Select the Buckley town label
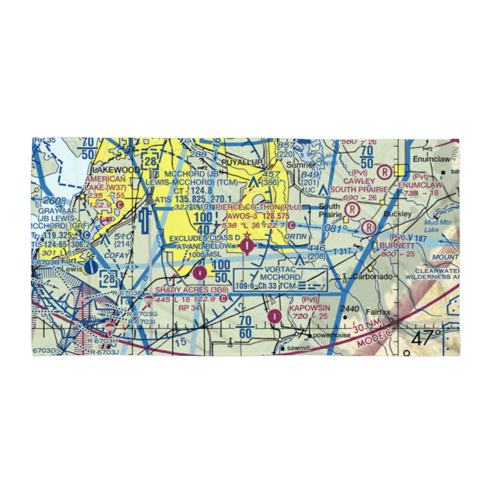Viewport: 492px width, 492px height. [x=397, y=214]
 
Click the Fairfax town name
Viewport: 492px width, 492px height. [x=378, y=312]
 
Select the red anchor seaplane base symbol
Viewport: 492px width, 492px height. [x=105, y=218]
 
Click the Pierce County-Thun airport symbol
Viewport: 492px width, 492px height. [x=247, y=243]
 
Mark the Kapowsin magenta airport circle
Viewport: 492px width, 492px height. [x=274, y=316]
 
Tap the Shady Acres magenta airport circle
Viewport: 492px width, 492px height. [x=199, y=272]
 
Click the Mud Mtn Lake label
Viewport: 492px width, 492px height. [x=431, y=226]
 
